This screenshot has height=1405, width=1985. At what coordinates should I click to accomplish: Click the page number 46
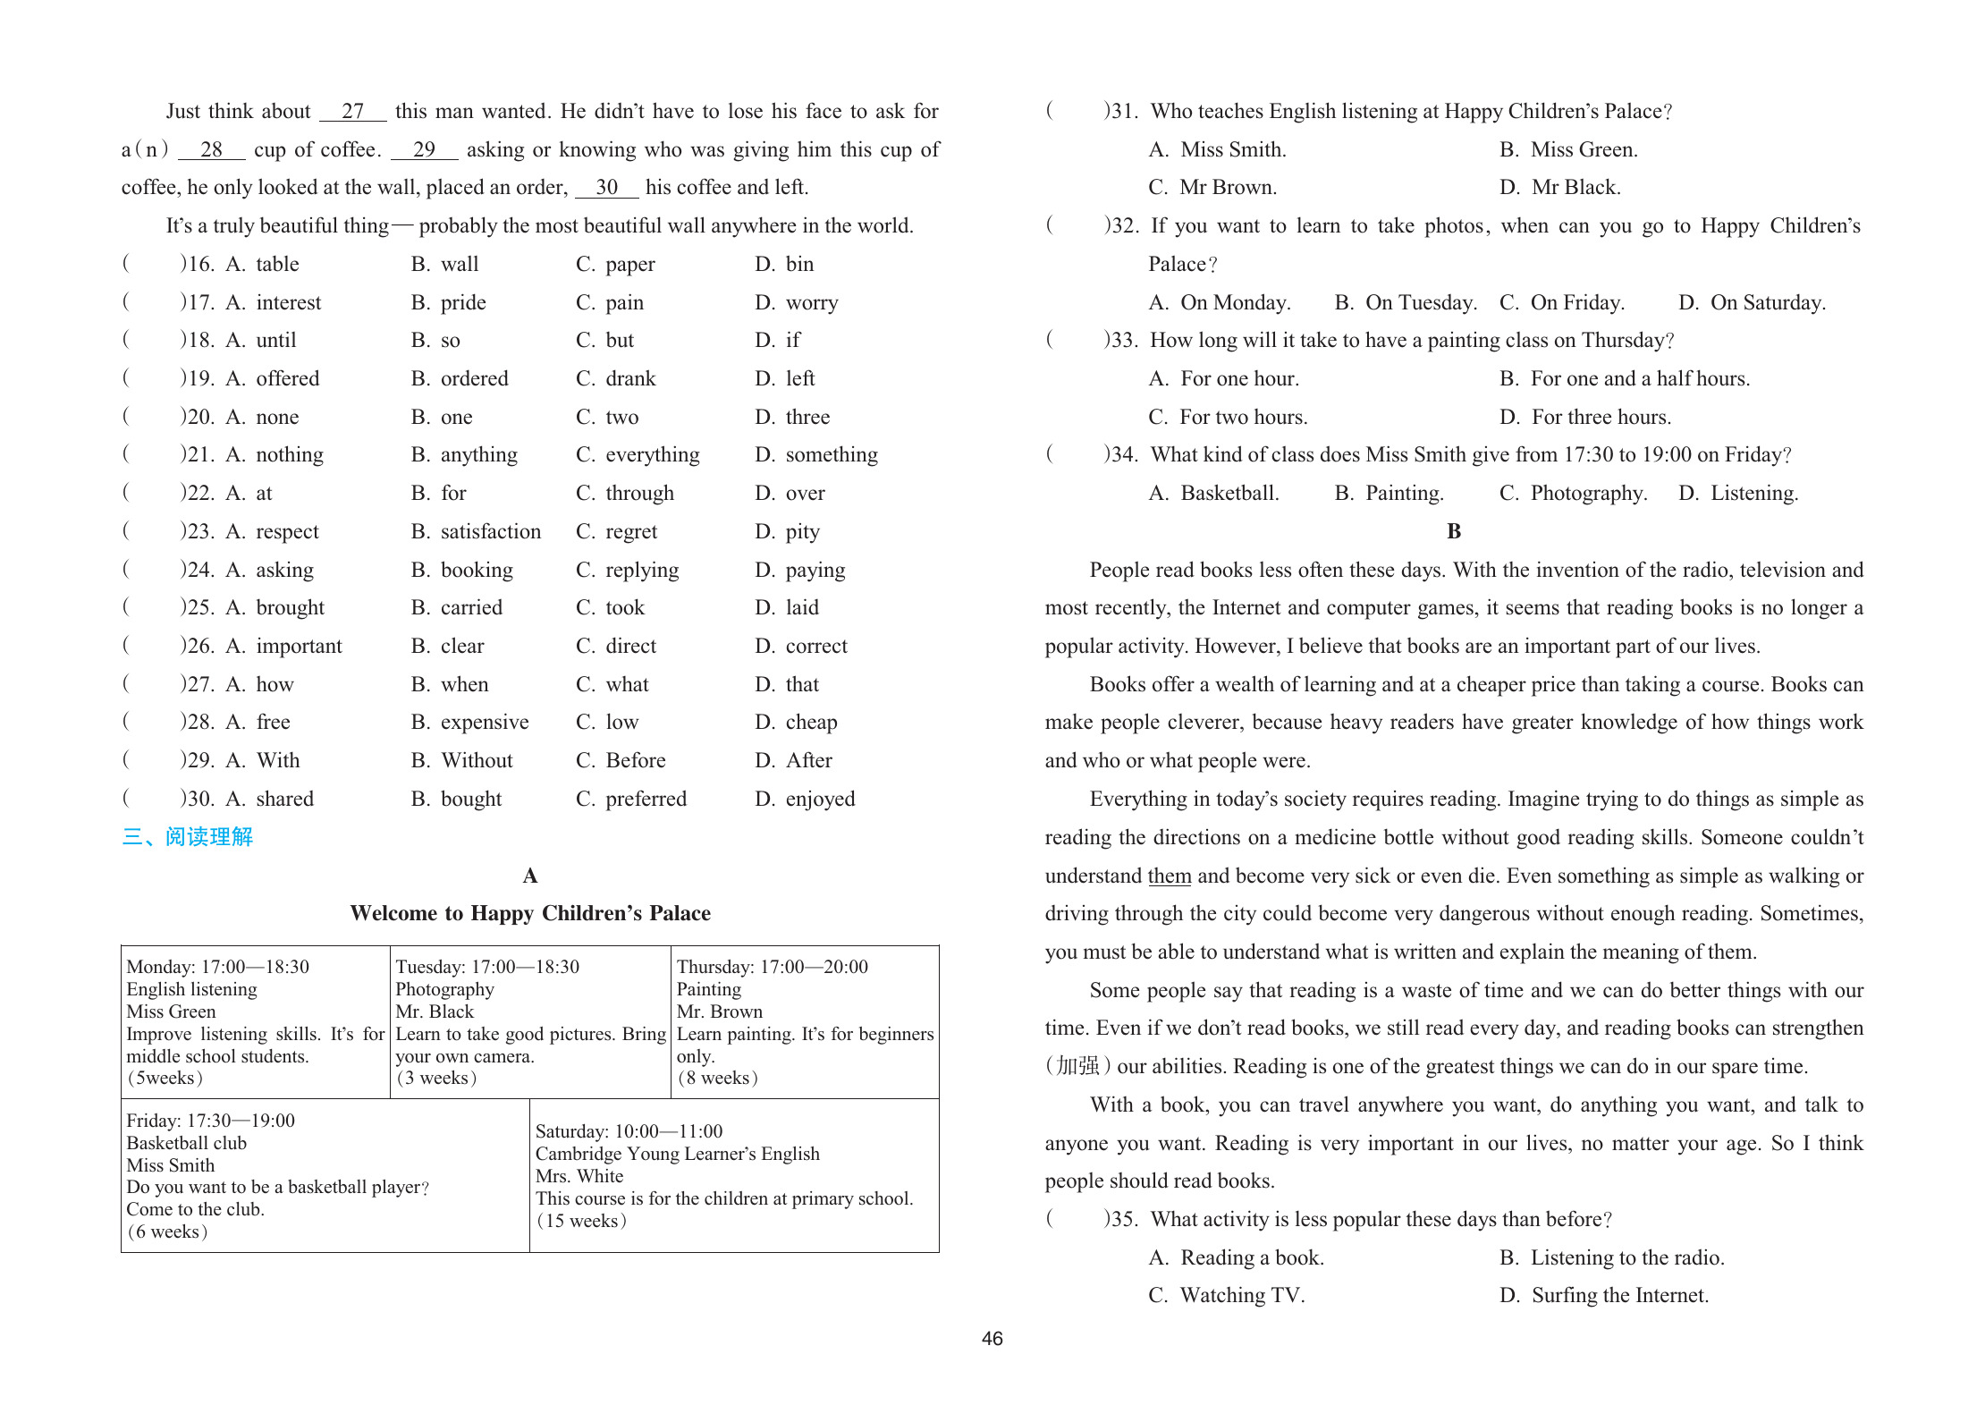pos(992,1339)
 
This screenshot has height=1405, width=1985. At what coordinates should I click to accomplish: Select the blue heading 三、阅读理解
pos(187,837)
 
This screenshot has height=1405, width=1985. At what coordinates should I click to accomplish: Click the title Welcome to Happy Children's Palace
pos(530,913)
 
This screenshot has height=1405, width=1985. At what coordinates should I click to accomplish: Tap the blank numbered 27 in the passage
pos(353,112)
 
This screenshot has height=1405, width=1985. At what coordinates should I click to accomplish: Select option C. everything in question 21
pos(638,455)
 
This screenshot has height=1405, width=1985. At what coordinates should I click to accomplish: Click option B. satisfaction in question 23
pos(476,532)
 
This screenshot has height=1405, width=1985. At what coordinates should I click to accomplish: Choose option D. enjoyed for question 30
pos(805,800)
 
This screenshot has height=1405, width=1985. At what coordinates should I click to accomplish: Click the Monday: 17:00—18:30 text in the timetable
pos(217,967)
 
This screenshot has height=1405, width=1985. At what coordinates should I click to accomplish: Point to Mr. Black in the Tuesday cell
pos(435,1011)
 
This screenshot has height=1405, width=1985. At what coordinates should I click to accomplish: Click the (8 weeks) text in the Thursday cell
pos(717,1078)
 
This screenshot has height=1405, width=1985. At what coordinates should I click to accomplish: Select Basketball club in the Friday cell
pos(186,1143)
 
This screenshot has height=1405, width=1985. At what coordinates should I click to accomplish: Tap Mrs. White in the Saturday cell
pos(579,1176)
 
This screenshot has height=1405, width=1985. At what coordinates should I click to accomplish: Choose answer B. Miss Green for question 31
pos(1568,150)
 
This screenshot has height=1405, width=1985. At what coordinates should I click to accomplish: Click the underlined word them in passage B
pos(1169,876)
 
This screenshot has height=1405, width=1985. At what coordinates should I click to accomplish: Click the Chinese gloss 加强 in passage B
pos(1077,1066)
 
